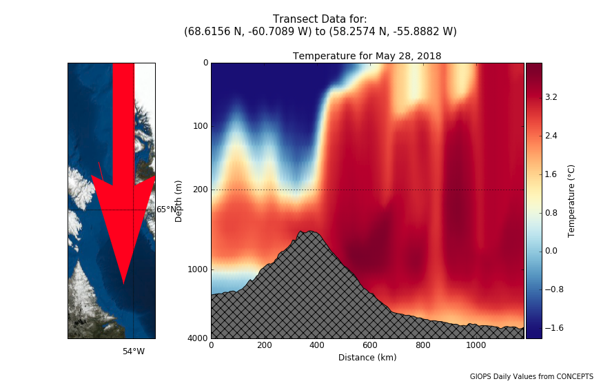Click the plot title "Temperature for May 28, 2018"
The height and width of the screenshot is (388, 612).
coord(367,56)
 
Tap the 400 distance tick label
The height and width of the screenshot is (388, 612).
coord(316,347)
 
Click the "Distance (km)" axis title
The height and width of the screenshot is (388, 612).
coord(367,358)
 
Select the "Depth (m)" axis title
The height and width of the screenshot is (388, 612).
coord(179,201)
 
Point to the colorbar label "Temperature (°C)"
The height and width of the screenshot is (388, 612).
coord(571,201)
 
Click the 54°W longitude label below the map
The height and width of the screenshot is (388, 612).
coord(134,351)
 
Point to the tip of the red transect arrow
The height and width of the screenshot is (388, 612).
coord(123,283)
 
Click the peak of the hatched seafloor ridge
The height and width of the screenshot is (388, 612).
coord(309,232)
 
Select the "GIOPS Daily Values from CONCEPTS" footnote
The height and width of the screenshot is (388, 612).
coord(531,376)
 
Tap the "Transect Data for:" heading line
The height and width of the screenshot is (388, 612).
coord(320,19)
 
